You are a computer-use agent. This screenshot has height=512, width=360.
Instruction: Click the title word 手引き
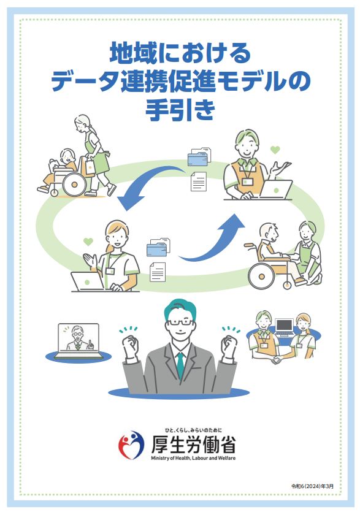180,110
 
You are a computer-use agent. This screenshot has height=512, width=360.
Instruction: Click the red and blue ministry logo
131,445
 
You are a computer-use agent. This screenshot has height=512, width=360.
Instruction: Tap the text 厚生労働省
193,444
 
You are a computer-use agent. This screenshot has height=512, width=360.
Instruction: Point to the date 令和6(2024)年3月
312,486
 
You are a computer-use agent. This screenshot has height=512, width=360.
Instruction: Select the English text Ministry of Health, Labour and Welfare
193,458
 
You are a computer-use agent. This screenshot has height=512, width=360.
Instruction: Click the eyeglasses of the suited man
180,323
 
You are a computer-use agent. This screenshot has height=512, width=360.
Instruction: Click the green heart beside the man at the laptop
275,150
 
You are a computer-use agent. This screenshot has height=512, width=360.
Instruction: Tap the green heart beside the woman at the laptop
88,242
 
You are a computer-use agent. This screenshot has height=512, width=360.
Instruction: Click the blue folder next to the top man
197,158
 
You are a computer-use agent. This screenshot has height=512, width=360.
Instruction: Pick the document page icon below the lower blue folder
158,272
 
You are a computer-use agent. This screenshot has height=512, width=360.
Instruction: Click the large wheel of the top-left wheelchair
74,185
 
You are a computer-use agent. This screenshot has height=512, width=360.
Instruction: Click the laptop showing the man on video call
79,340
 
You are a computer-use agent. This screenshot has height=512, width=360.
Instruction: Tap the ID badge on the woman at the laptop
110,271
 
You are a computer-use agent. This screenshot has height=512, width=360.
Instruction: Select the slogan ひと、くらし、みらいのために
193,430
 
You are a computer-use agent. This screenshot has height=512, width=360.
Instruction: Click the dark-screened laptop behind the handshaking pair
285,327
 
